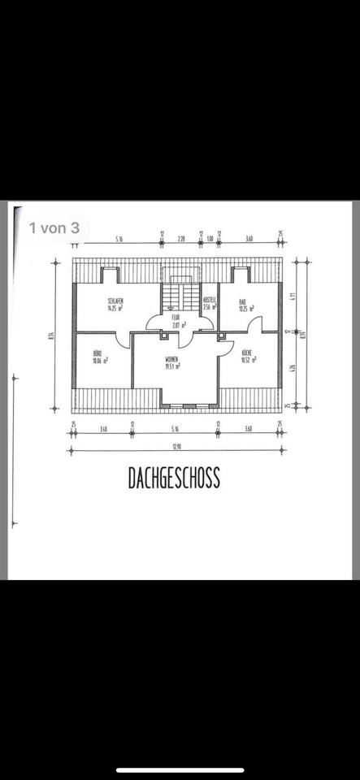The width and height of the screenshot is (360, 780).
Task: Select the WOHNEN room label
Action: click(171, 358)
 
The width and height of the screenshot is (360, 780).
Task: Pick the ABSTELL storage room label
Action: click(210, 298)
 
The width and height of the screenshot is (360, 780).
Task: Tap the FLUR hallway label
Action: click(176, 317)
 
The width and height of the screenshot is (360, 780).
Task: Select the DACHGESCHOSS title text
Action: click(174, 479)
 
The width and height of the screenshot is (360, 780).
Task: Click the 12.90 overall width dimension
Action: click(176, 446)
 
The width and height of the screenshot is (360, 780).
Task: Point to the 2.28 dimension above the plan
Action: click(181, 239)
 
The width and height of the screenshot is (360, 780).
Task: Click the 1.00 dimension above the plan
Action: click(210, 239)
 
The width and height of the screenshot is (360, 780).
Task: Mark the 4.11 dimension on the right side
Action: click(293, 298)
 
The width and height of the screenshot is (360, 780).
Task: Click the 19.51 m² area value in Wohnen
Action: click(171, 366)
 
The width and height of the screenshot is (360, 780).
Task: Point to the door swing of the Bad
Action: click(254, 325)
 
